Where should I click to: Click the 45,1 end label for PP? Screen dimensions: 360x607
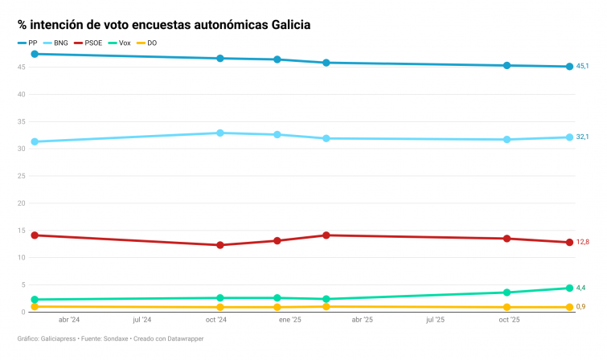pos(583,67)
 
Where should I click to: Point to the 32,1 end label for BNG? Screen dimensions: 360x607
pos(583,137)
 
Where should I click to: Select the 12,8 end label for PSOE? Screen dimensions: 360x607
pos(583,242)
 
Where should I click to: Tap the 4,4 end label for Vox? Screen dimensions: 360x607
pos(581,288)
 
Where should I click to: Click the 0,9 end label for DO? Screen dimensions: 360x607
pos(581,307)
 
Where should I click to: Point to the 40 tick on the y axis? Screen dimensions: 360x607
pos(23,94)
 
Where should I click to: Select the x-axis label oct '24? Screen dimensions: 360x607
pos(216,320)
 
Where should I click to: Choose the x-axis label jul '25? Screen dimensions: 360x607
pos(435,320)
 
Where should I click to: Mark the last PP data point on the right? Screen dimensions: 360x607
pos(568,67)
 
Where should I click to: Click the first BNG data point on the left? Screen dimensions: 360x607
pos(35,141)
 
